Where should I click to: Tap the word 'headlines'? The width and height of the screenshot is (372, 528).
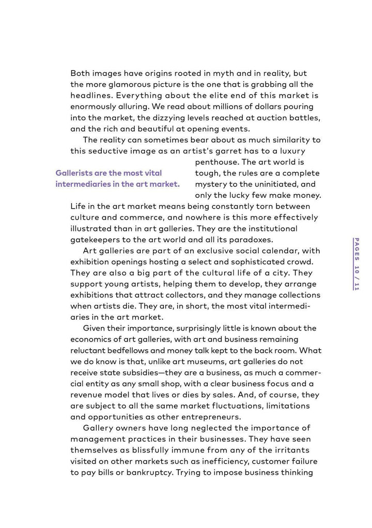click(91, 96)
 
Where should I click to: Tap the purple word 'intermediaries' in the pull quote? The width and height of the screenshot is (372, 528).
click(83, 184)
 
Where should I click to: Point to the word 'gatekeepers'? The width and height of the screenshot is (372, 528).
click(95, 240)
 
